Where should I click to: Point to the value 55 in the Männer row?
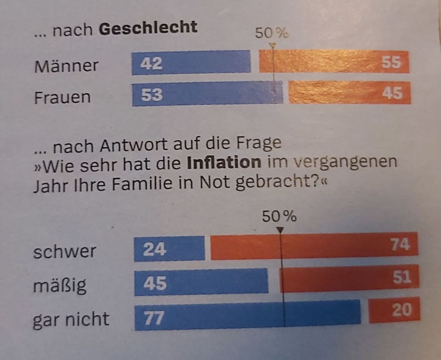point(391,63)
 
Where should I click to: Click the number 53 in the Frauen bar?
point(152,94)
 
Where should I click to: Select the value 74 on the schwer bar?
point(401,244)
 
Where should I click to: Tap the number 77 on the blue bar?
point(153,318)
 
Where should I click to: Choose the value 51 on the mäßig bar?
point(401,277)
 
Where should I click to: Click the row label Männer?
point(66,66)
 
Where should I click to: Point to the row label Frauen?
point(62,97)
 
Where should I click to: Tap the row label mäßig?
point(60,285)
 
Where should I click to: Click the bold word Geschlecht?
point(148,28)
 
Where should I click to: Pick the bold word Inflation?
point(224,163)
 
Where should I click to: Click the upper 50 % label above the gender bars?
point(271,33)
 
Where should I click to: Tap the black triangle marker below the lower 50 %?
point(280,230)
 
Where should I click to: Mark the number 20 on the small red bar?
point(401,310)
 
